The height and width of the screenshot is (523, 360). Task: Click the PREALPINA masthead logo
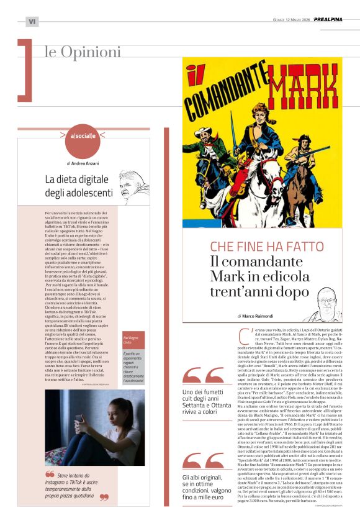point(336,19)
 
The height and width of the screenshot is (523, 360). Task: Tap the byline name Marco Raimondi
point(259,299)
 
